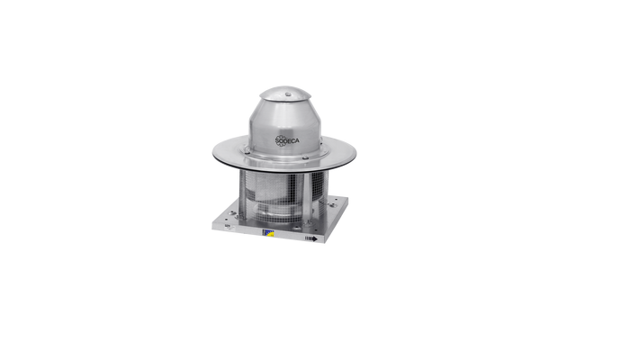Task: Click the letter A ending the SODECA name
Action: (x=297, y=141)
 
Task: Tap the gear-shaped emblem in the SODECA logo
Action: (x=281, y=140)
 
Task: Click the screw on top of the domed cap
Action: (x=288, y=94)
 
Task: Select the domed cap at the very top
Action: (x=285, y=94)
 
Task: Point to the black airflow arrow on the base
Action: (x=311, y=238)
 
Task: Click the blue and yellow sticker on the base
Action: (x=268, y=232)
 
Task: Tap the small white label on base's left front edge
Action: (x=228, y=227)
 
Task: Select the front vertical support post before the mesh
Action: (x=306, y=198)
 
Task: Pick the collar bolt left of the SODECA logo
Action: (x=247, y=152)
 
